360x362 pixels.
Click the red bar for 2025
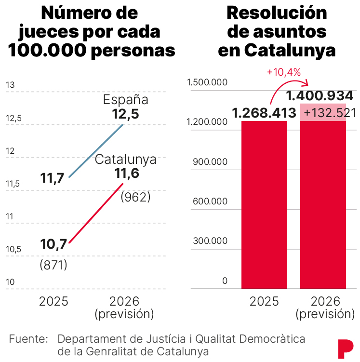click(x=264, y=204)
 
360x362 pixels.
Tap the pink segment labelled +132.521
click(x=323, y=112)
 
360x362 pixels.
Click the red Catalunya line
click(x=96, y=213)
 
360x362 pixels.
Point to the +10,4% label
click(x=283, y=72)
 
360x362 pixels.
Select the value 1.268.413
click(x=264, y=113)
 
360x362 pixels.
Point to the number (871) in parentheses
click(x=53, y=265)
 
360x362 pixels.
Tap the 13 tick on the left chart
click(x=10, y=85)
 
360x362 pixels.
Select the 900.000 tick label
click(x=209, y=162)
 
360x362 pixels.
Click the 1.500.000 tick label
click(x=207, y=82)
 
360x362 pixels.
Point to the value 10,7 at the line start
click(x=53, y=245)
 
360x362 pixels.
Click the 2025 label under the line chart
click(x=53, y=302)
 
